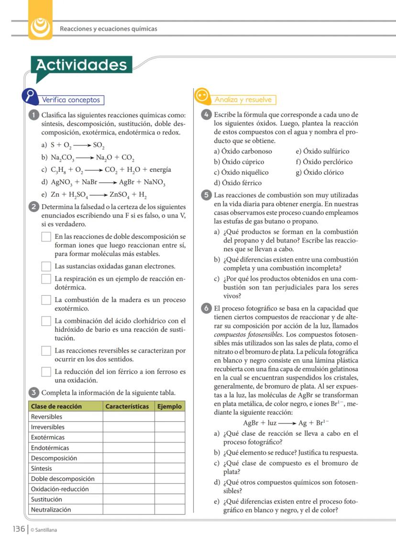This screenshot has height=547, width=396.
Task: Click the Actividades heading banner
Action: click(x=82, y=65)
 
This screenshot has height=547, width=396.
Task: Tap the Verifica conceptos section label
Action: click(x=71, y=100)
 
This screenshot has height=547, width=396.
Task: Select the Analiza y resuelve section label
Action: click(x=243, y=100)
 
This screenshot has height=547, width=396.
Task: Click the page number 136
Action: click(x=19, y=529)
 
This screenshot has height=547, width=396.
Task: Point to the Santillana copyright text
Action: click(x=44, y=530)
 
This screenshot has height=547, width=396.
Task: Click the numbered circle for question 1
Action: click(x=34, y=115)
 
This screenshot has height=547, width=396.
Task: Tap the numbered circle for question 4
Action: click(x=207, y=115)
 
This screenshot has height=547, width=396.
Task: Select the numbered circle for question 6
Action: click(x=207, y=309)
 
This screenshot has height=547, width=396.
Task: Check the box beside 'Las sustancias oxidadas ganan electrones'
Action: click(x=46, y=266)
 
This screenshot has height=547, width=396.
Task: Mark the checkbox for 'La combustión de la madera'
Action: click(x=46, y=300)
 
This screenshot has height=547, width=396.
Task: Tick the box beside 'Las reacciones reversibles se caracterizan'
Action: click(x=46, y=351)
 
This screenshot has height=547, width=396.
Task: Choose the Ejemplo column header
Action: click(x=169, y=406)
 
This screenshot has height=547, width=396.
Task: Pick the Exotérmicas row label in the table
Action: click(x=48, y=437)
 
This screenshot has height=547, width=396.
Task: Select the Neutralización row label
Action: click(x=51, y=510)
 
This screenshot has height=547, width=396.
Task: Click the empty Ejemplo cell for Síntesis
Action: click(x=169, y=469)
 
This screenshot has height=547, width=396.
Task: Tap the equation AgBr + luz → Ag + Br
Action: click(x=286, y=423)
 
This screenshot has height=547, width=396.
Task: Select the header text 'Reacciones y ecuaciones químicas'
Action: click(x=109, y=29)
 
